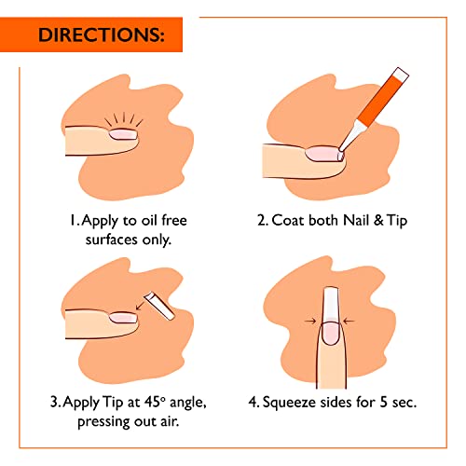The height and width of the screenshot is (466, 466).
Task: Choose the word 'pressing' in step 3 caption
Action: tap(102, 427)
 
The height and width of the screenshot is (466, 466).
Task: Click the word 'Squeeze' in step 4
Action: tap(304, 404)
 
